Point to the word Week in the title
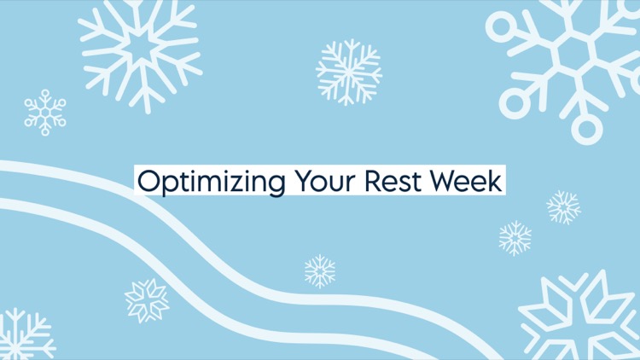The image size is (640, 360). [x=466, y=181]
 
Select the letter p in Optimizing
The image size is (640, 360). [x=170, y=184]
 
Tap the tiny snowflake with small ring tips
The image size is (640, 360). [x=45, y=113]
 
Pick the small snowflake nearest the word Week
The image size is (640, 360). [x=563, y=207]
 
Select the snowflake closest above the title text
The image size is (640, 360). [x=349, y=72]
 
